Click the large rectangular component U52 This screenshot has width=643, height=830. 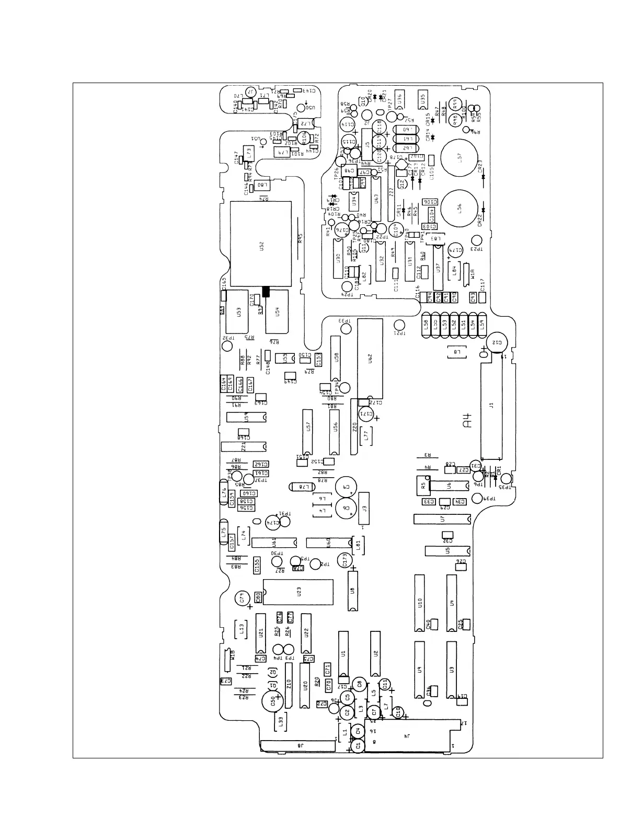click(261, 244)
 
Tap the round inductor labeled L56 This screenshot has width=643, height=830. click(459, 208)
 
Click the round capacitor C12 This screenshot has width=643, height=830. click(495, 342)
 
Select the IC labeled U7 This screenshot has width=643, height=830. click(442, 519)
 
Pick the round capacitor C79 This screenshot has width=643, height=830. click(242, 599)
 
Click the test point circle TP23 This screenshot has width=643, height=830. click(476, 240)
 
